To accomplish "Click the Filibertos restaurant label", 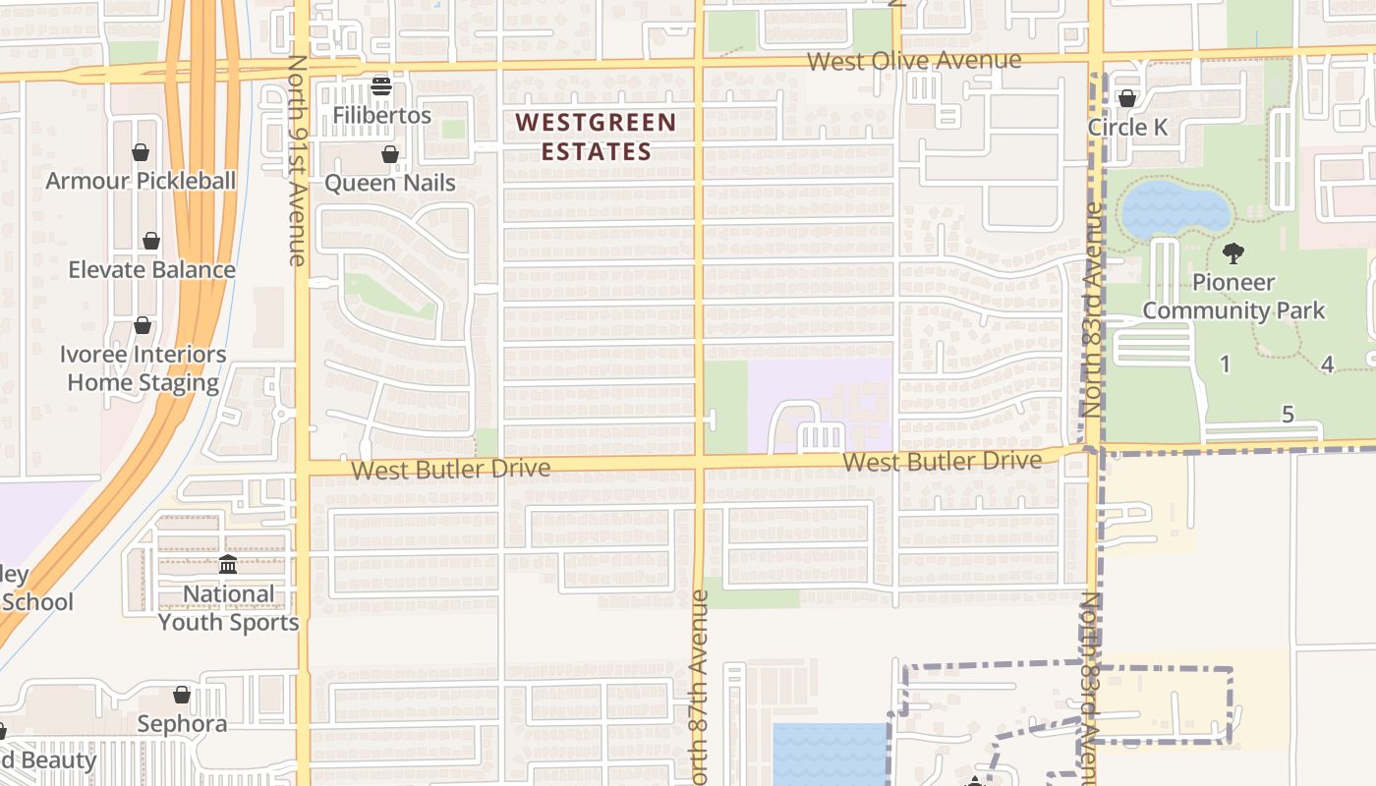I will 381,115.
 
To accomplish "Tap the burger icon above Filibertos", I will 381,86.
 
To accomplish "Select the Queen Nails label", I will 390,183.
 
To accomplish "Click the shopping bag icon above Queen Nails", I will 390,154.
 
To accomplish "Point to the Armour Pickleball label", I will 141,181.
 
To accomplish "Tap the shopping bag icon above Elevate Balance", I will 151,241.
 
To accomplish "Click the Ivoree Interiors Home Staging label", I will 143,368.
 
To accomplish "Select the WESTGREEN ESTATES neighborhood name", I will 596,137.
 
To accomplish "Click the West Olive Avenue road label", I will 914,61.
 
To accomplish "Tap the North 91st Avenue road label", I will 297,159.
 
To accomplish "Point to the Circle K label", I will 1127,128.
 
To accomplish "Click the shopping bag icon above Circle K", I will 1127,98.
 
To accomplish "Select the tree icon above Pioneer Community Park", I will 1233,253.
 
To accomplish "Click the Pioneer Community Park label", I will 1233,297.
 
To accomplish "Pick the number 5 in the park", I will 1289,415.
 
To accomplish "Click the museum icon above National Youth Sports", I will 228,564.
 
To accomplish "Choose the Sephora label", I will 182,724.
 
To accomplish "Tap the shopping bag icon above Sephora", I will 182,696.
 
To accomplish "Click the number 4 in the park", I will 1327,365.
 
